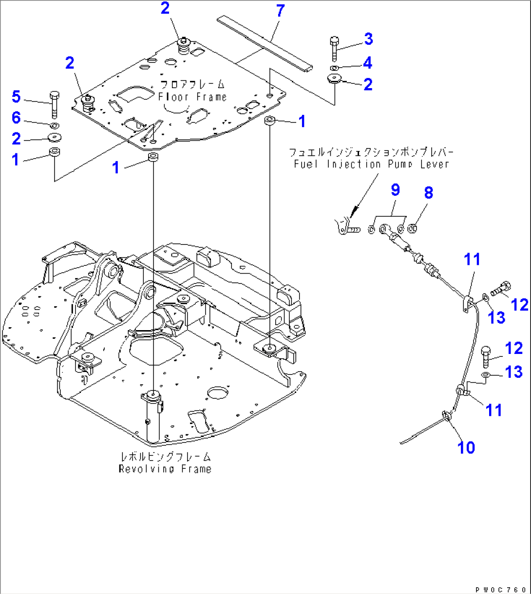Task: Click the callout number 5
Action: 17,97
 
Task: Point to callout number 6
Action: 17,117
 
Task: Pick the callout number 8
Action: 428,193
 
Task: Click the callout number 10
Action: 466,447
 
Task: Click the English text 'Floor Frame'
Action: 192,97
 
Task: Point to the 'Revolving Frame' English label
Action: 165,469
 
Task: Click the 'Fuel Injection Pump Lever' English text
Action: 371,164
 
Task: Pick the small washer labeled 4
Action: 334,68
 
